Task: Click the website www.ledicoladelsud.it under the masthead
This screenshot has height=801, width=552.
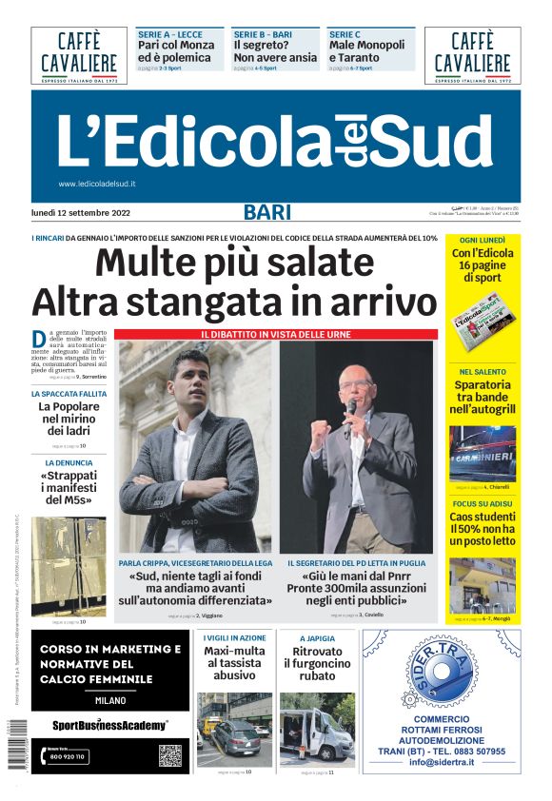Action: pyautogui.click(x=97, y=184)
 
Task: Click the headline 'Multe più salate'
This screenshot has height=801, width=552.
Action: pyautogui.click(x=234, y=263)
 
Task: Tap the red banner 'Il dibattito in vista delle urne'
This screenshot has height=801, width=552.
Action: pyautogui.click(x=276, y=334)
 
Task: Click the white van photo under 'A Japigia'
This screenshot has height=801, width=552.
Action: pyautogui.click(x=316, y=728)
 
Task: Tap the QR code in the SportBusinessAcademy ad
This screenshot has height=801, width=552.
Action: pyautogui.click(x=169, y=755)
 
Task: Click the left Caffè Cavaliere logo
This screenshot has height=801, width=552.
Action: pyautogui.click(x=79, y=55)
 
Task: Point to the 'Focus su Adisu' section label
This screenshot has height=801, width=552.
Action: pyautogui.click(x=482, y=502)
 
